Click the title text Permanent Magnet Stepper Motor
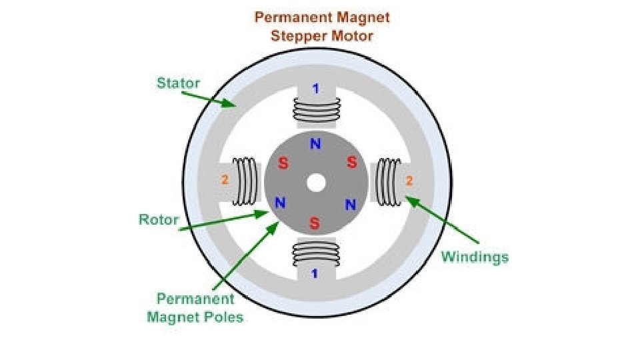coord(322,25)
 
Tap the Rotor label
coord(159,219)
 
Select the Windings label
coord(475,257)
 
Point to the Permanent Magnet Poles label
coord(195,307)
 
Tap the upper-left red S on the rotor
coord(283,163)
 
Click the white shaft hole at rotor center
coord(316,181)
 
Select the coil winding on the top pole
coord(316,110)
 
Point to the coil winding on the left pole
coord(245,181)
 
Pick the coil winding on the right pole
coord(387,181)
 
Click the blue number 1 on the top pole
coord(316,88)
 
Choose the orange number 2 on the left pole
coord(225,180)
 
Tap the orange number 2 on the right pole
coord(409,180)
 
